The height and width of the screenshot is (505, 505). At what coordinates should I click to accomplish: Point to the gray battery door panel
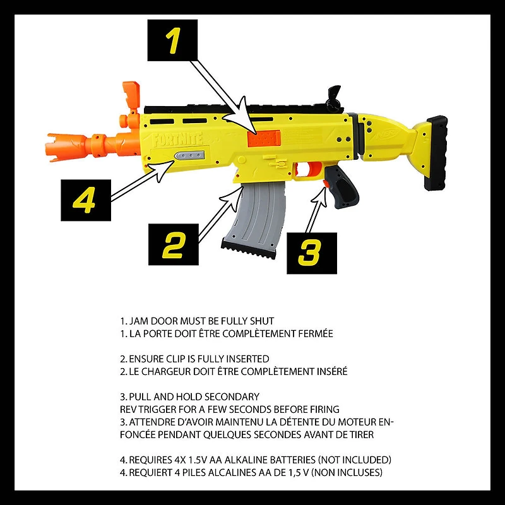pyautogui.click(x=192, y=157)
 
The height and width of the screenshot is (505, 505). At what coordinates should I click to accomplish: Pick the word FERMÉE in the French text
pyautogui.click(x=312, y=333)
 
